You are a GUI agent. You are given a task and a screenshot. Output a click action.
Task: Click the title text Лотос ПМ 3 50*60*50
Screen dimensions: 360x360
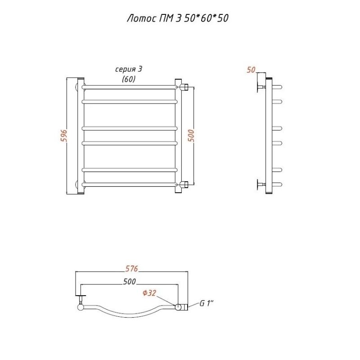click(x=178, y=18)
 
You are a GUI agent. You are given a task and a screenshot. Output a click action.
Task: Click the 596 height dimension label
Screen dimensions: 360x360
click(x=64, y=136)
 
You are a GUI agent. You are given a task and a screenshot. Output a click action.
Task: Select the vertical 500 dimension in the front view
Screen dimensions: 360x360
click(x=191, y=135)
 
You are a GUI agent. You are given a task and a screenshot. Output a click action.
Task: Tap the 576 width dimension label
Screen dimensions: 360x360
click(x=131, y=268)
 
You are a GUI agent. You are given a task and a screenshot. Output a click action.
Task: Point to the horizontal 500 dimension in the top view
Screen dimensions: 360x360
click(x=130, y=282)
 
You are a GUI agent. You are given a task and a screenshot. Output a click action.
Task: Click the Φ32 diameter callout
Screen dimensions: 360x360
click(x=149, y=293)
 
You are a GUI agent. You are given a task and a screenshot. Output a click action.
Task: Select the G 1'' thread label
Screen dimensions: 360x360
click(x=207, y=303)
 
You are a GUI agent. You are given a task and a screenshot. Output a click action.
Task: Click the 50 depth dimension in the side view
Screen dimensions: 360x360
click(x=251, y=70)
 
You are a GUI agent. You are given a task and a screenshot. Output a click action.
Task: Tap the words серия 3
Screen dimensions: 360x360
click(x=129, y=69)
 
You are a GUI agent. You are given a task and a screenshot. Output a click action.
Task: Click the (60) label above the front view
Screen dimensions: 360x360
click(x=129, y=79)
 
